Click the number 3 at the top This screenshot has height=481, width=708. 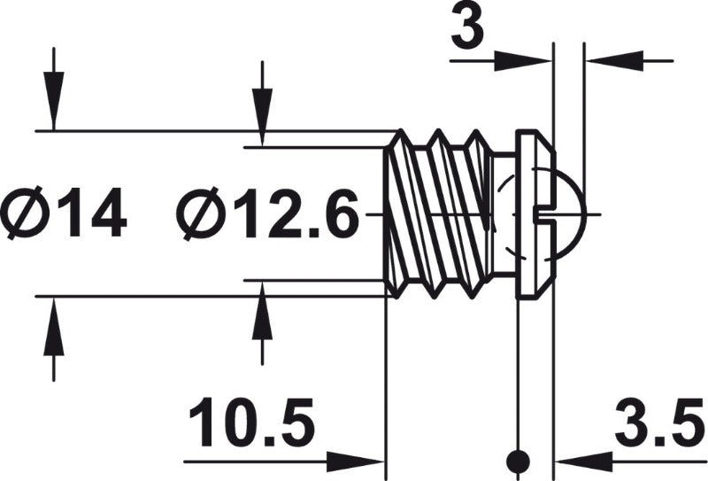coord(467,29)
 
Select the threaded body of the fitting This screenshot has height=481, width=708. coord(437,213)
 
